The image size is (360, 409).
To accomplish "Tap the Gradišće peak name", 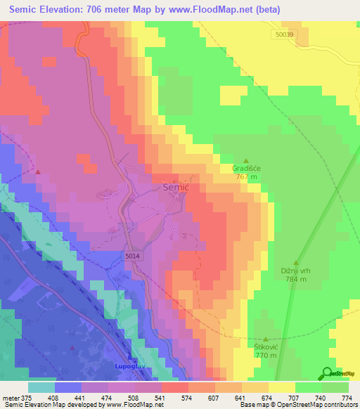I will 246,169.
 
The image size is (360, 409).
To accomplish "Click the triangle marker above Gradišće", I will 246,160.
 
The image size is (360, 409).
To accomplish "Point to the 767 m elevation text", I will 246,177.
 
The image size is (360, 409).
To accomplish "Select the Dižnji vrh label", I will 296,271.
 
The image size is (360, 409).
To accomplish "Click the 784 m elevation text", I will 296,280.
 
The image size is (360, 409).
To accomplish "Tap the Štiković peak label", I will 264,347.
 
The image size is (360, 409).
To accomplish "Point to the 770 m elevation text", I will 264,356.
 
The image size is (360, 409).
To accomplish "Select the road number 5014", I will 134,257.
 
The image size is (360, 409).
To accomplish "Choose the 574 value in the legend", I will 188,397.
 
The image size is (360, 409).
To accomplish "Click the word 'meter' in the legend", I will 11,397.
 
